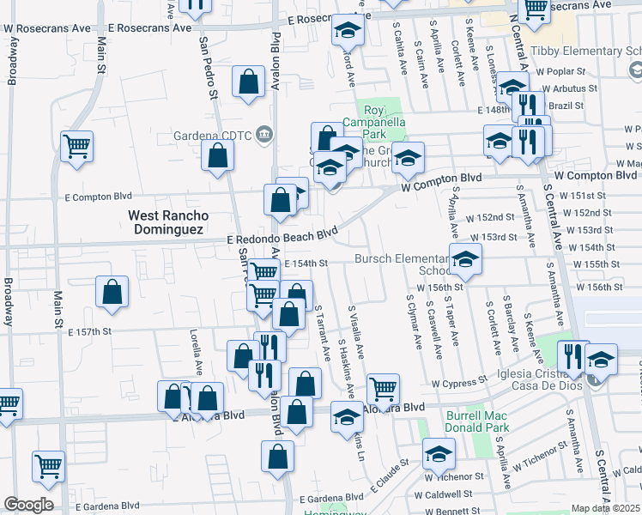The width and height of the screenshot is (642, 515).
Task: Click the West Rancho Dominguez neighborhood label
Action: [166, 223]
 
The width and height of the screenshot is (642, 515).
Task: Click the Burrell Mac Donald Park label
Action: [478, 421]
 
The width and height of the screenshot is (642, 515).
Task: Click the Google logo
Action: [28, 505]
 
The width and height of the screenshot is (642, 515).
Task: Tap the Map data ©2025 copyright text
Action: [605, 508]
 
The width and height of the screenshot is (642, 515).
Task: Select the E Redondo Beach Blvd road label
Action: [282, 238]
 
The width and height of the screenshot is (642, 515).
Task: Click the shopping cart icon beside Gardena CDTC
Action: [76, 145]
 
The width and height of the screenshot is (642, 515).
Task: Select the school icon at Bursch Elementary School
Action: [464, 258]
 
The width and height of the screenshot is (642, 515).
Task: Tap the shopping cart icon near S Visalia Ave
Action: [383, 388]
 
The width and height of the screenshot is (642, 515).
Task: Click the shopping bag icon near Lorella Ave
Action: [112, 292]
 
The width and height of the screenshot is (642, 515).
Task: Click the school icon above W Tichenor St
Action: [439, 452]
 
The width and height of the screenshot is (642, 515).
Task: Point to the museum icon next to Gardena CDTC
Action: [264, 133]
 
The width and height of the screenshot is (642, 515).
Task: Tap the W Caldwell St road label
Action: [442, 494]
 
